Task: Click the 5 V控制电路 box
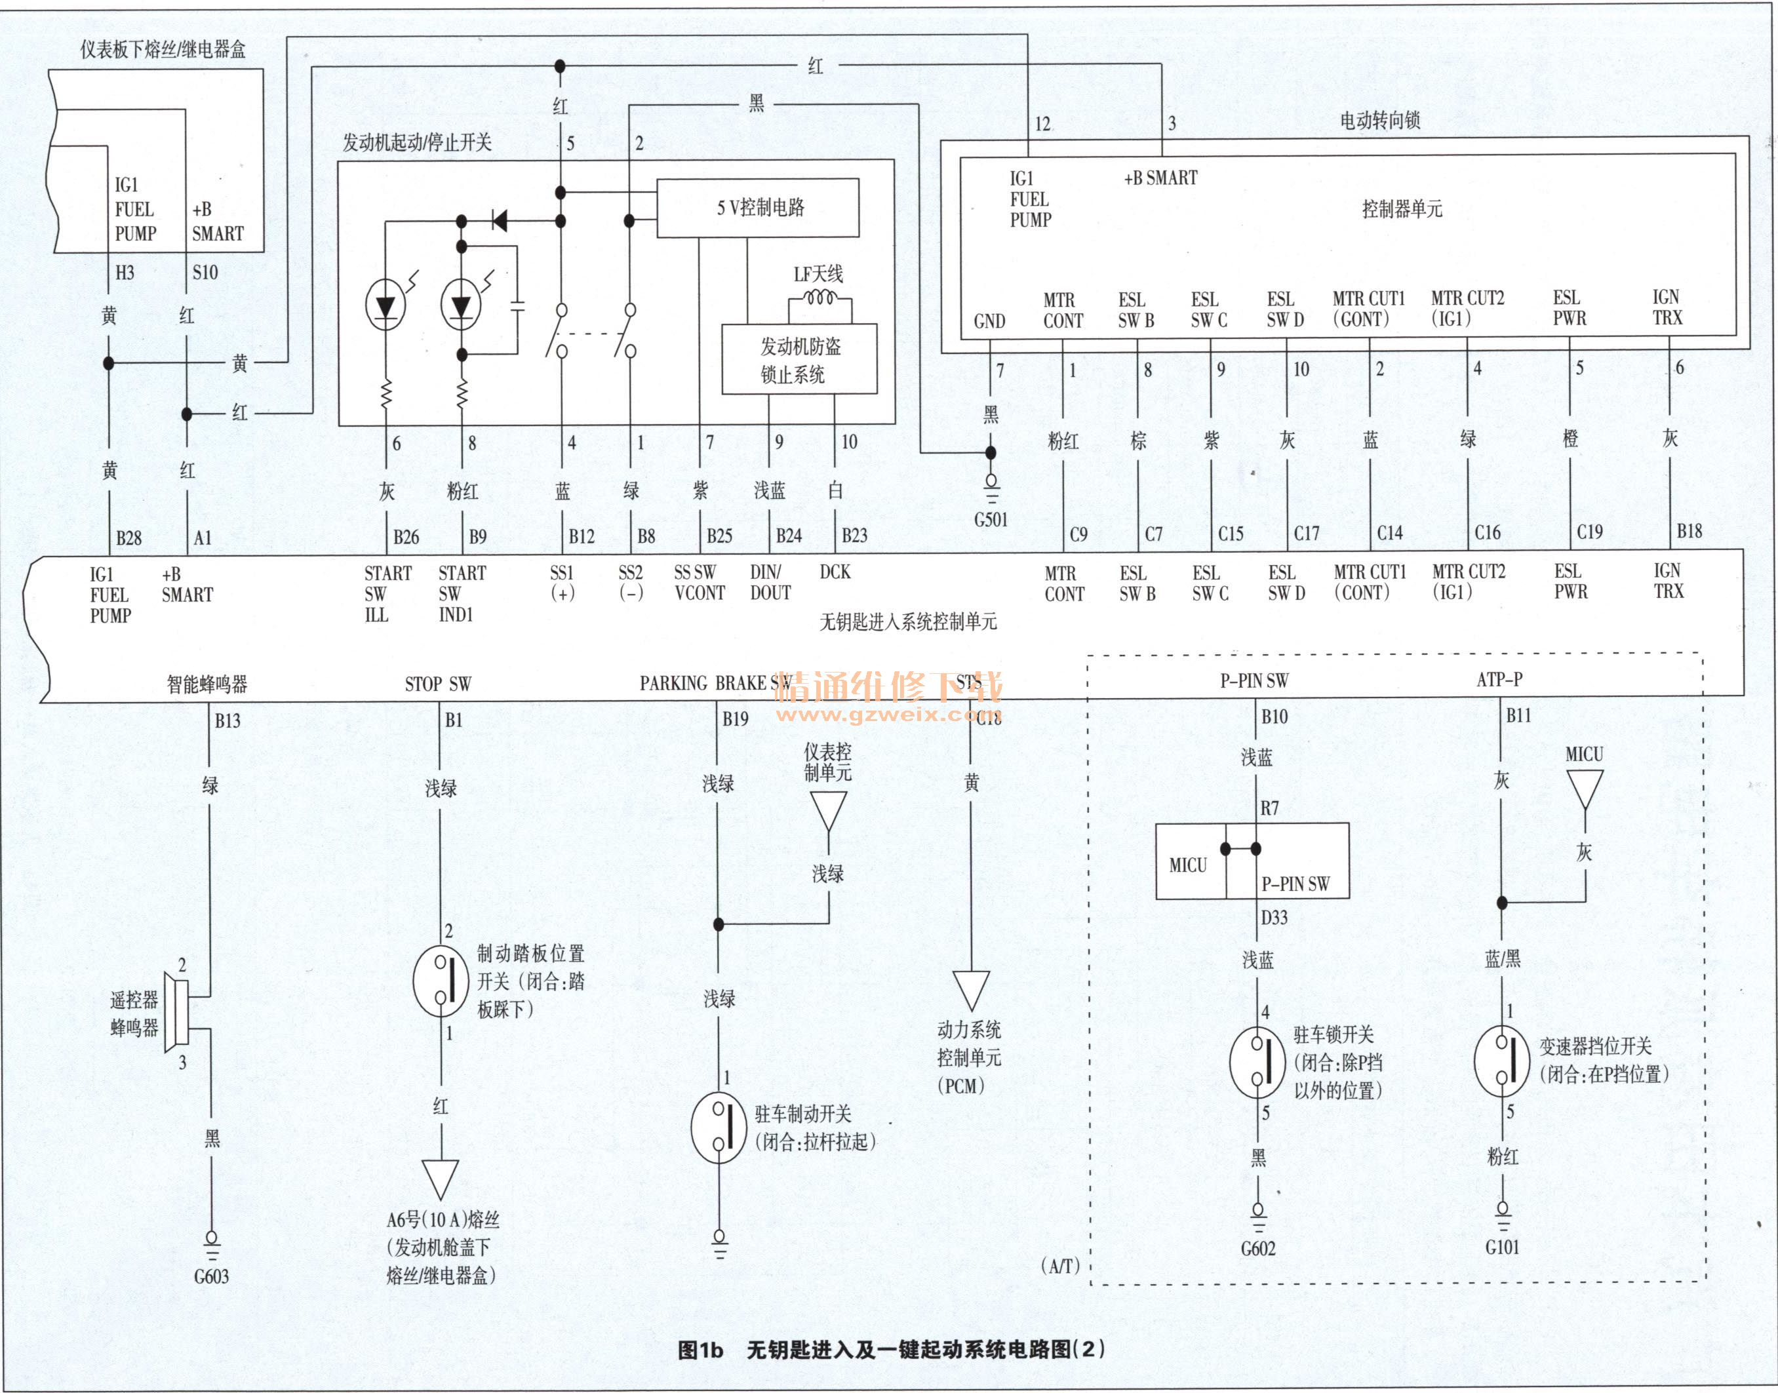click(x=758, y=208)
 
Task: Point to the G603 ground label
click(x=211, y=1276)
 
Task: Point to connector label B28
click(x=129, y=538)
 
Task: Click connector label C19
click(x=1590, y=532)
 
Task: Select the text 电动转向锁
click(x=1380, y=121)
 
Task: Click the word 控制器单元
click(x=1402, y=210)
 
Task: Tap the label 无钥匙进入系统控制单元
click(x=908, y=622)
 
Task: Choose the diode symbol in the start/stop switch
click(x=498, y=220)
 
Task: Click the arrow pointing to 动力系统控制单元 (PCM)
click(x=970, y=990)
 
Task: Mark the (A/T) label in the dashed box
click(x=1060, y=1266)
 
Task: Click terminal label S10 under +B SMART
click(x=205, y=273)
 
